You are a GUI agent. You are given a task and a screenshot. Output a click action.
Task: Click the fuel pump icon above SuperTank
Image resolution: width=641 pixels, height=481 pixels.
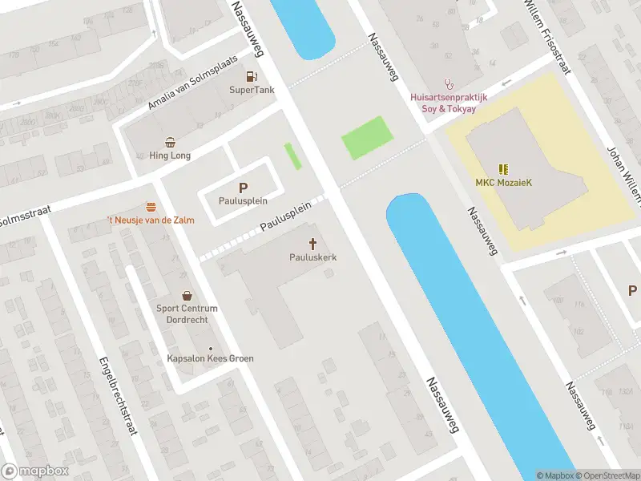(x=252, y=77)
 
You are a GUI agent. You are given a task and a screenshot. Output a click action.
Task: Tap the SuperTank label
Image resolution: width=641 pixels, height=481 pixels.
(x=252, y=90)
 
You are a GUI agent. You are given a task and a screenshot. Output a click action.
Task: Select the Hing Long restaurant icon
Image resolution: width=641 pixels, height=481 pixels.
(x=170, y=142)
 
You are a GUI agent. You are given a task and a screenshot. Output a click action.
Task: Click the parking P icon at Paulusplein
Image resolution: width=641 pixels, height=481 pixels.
(x=243, y=188)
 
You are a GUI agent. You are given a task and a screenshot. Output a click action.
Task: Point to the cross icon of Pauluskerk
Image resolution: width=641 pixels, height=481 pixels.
(x=312, y=244)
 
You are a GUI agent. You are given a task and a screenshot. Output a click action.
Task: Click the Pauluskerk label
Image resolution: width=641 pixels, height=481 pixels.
(x=312, y=257)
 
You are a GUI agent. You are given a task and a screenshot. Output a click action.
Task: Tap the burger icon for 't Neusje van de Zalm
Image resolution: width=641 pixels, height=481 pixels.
(x=151, y=207)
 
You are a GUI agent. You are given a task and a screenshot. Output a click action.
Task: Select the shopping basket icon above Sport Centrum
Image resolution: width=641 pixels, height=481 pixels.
(x=187, y=295)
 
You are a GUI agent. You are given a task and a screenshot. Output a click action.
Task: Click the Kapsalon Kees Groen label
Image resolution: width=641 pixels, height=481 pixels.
(x=210, y=358)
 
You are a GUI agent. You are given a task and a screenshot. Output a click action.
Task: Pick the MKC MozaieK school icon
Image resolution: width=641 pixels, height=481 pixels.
(x=502, y=169)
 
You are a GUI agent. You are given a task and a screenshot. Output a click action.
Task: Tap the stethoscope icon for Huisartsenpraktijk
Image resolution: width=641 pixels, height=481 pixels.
(x=450, y=83)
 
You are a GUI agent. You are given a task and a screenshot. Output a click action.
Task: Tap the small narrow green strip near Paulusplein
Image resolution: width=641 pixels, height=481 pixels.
(x=293, y=156)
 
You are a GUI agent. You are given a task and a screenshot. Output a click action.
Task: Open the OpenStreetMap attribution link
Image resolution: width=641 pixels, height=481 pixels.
(x=605, y=475)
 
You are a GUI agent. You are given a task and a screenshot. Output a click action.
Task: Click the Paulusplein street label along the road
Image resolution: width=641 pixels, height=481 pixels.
(x=285, y=217)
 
